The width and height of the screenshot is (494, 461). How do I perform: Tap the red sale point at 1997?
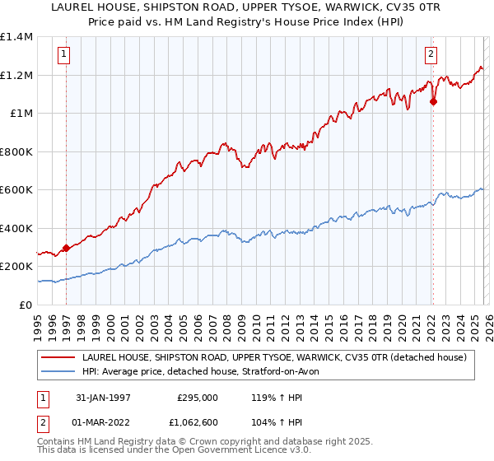(66, 248)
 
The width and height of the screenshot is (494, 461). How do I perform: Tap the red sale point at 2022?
(433, 102)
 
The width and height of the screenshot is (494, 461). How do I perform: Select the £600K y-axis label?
(16, 190)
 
